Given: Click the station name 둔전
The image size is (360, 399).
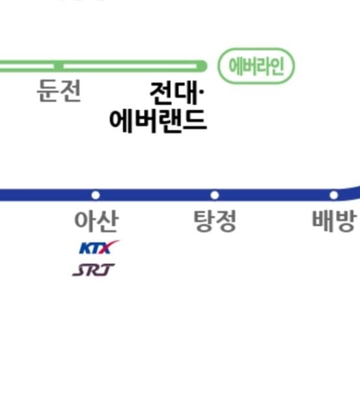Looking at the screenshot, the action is pos(59,91).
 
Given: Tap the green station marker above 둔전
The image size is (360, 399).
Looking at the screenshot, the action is pos(59,66).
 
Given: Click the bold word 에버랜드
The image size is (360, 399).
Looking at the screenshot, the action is pos(158,121).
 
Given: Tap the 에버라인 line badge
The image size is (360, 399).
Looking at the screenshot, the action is pos(256,66).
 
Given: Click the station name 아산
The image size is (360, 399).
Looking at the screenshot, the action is pos(96,221).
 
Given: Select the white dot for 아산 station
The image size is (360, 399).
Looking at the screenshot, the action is pos(96,195).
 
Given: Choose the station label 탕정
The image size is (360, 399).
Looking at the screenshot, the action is pos(215,221).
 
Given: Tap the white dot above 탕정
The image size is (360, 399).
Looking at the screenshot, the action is pos(215,195).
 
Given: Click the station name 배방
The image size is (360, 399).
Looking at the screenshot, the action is pos(334,221).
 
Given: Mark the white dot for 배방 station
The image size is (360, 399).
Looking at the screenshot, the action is pos(334,195).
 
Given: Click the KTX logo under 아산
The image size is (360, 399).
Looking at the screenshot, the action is pos(99,247).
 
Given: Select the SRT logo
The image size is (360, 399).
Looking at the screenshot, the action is pos(93,270).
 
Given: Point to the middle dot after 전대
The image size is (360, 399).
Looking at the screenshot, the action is pos(202,92).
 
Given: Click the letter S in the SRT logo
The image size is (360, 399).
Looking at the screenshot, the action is pos(80,270).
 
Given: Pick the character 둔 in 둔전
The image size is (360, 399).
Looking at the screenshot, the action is pos(48,91).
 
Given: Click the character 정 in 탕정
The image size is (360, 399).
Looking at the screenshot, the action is pos(226,221).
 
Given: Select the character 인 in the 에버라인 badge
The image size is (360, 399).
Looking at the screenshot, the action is pos(277,66).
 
